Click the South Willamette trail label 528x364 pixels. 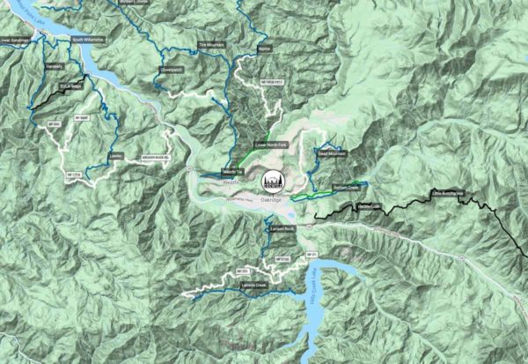click(88, 40)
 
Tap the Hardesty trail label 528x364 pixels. click(55, 65)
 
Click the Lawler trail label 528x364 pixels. click(114, 156)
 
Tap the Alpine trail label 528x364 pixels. click(264, 49)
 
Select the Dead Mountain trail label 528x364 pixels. click(332, 153)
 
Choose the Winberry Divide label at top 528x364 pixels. click(142, 3)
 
